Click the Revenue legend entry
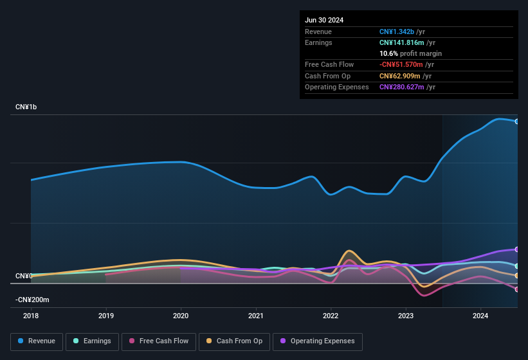[x=37, y=341]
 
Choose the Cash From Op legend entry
[x=234, y=341]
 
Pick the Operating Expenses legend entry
[x=317, y=341]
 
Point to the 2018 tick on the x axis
[x=31, y=316]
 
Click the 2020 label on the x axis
[x=181, y=316]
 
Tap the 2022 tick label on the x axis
[x=331, y=316]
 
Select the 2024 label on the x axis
[x=480, y=316]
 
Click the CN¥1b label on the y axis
[x=26, y=107]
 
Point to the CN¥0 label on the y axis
[x=24, y=276]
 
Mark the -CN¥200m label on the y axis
[x=32, y=300]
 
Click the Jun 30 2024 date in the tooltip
[x=324, y=20]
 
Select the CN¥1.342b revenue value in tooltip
[x=399, y=32]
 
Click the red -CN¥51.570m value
[x=401, y=64]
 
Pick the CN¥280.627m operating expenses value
[x=403, y=87]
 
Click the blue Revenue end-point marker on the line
[x=517, y=122]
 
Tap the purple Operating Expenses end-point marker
[x=517, y=249]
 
